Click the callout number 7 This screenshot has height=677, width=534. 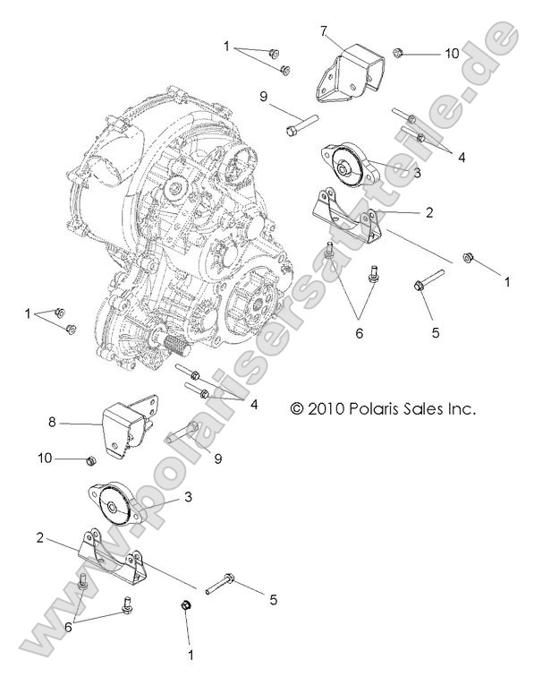point(323,31)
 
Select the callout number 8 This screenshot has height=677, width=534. point(51,420)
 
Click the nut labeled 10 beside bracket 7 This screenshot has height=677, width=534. point(398,53)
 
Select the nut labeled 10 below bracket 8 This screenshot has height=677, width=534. point(89,460)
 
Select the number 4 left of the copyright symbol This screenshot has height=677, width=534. point(254,405)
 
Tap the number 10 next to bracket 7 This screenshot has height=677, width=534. point(452,53)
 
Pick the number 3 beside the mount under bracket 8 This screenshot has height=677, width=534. point(188,495)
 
